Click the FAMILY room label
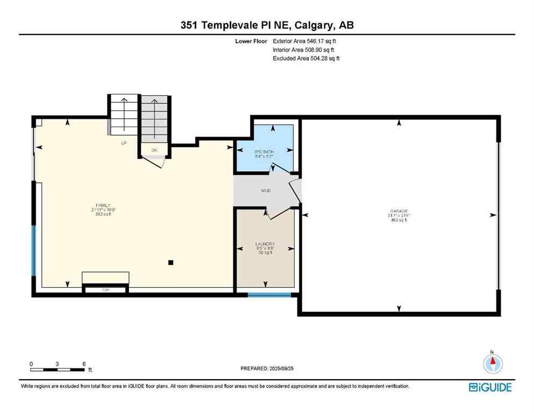tap(103, 205)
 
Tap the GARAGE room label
tap(399, 211)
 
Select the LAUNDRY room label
tap(265, 244)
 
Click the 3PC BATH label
tap(264, 152)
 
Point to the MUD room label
tap(266, 190)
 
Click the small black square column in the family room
tap(170, 262)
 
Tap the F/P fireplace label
tap(105, 290)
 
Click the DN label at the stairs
tap(154, 150)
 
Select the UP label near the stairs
tap(123, 143)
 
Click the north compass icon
tap(492, 364)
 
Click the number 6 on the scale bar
tap(84, 364)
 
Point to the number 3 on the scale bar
tap(58, 364)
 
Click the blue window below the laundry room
tap(269, 295)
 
